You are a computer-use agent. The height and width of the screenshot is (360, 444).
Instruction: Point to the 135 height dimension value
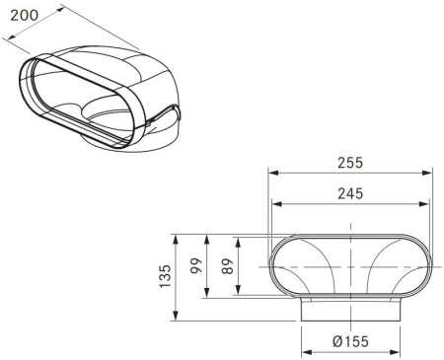click(x=167, y=276)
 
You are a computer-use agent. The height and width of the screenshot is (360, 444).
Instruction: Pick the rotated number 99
click(x=196, y=266)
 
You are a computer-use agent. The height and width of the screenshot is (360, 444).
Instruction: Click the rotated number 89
click(x=229, y=266)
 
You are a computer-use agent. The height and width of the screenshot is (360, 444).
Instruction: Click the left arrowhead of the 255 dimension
click(x=271, y=172)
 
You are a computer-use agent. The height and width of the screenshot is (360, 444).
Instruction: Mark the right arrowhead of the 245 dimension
click(x=425, y=205)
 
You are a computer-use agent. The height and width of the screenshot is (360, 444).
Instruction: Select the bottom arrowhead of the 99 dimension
click(x=207, y=296)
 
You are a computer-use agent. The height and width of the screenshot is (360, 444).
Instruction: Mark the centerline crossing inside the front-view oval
click(x=350, y=267)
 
